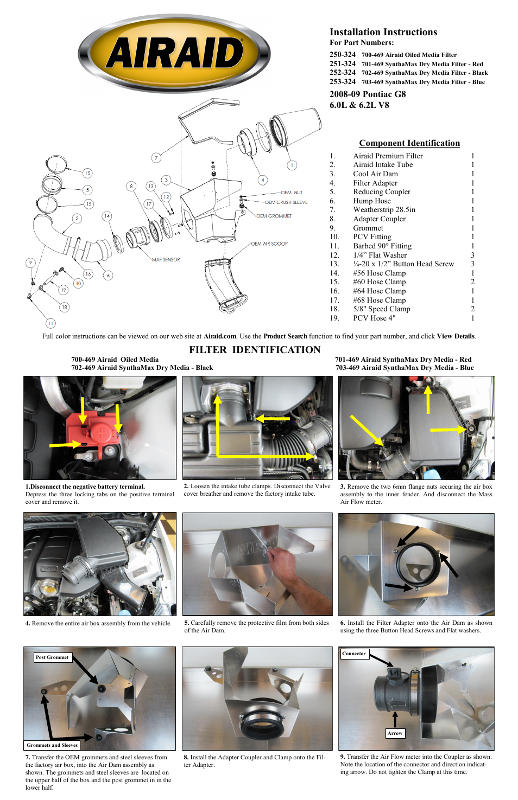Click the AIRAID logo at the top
click(174, 53)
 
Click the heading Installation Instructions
click(383, 32)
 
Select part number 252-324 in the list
click(343, 73)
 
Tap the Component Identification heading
click(409, 143)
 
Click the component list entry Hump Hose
click(371, 201)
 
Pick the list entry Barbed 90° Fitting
click(382, 246)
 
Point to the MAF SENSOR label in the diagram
click(166, 260)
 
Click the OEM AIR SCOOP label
click(269, 244)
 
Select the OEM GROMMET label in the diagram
click(274, 216)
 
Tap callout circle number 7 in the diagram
click(156, 158)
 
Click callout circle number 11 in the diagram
click(50, 323)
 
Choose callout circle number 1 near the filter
click(292, 165)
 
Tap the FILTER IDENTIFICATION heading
click(255, 350)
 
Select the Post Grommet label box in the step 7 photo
click(52, 657)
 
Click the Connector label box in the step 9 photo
click(354, 654)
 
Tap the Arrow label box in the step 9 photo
click(395, 733)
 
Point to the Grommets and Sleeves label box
click(52, 745)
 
